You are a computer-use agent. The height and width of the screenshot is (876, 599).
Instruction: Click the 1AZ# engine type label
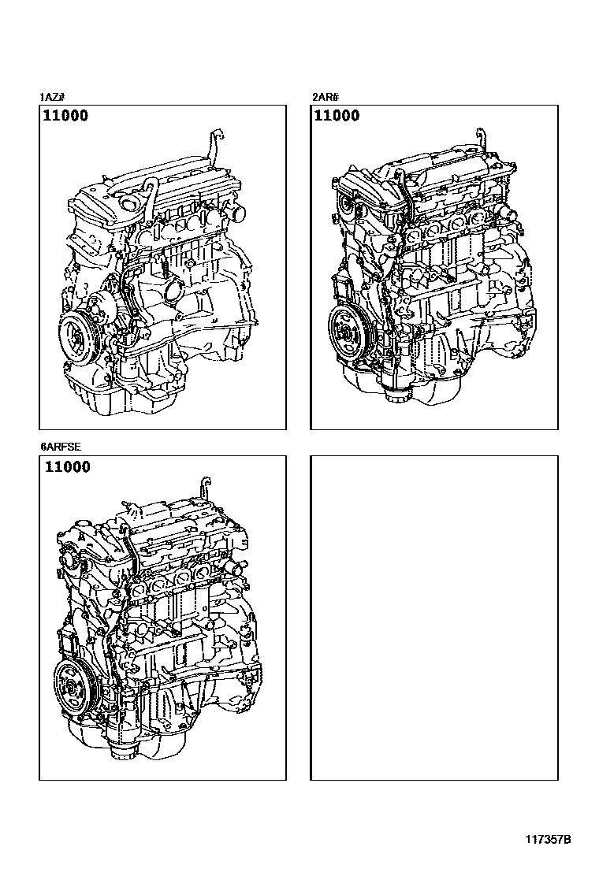51,97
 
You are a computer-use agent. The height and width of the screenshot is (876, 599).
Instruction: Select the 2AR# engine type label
326,97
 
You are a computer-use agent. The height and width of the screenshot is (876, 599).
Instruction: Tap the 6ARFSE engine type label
61,447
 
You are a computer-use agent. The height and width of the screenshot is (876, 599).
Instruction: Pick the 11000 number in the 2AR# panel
337,116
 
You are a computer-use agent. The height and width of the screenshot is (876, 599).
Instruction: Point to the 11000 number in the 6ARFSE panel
67,466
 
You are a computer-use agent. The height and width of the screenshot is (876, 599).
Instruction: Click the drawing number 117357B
548,840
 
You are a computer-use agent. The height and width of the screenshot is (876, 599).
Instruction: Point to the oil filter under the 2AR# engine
397,393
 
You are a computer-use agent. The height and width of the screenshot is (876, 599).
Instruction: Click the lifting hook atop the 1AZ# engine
214,143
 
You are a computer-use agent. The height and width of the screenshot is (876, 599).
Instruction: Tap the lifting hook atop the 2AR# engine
482,141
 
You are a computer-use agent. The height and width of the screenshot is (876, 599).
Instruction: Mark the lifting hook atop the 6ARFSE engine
205,488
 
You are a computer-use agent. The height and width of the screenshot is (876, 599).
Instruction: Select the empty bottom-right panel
434,618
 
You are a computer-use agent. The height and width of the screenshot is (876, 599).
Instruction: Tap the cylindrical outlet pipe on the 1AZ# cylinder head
236,212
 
